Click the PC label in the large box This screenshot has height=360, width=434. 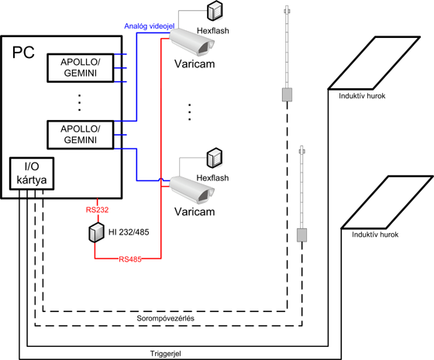23,53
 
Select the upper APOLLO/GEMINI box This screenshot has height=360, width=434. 81,68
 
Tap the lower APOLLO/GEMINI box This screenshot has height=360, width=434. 81,135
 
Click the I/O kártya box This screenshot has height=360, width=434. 32,173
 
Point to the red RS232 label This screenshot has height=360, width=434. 97,210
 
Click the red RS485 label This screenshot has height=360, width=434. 130,259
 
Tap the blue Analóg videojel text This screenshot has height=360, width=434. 149,26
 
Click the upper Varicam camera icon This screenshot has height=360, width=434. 191,42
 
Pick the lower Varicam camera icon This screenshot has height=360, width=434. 191,190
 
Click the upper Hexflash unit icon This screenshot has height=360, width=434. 215,11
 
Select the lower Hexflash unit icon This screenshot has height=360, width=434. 215,158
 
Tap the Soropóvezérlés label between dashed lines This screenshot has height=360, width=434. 166,318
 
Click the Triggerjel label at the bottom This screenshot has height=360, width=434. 166,354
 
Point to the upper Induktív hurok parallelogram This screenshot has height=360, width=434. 374,63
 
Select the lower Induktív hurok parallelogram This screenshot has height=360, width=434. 387,202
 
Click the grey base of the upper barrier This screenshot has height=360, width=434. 287,94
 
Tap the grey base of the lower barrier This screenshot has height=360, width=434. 301,235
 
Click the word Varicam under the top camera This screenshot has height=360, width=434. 195,63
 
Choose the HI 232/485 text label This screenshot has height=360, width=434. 129,232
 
